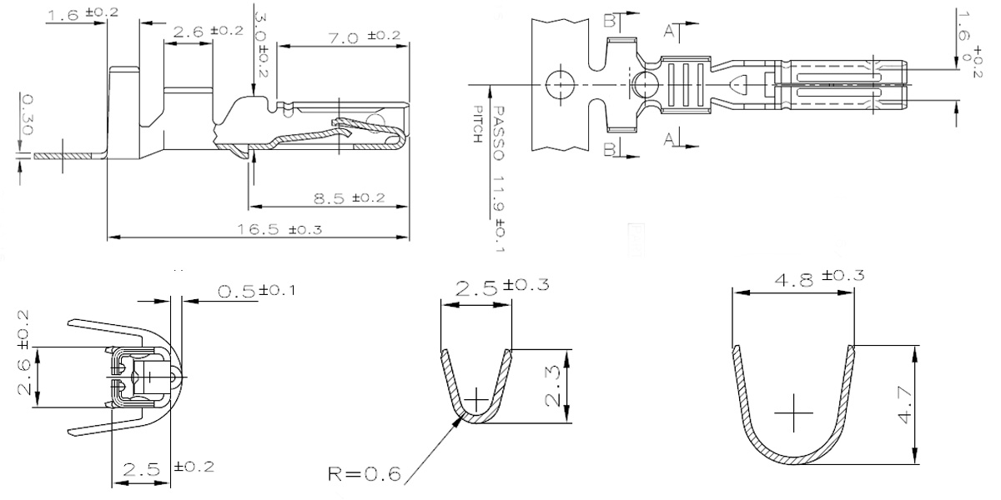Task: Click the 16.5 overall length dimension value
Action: [x=259, y=229]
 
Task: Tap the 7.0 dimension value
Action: [x=344, y=38]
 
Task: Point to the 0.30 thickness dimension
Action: [x=27, y=114]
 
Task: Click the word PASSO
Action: [x=499, y=133]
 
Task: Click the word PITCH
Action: [x=478, y=124]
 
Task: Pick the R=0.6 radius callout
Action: [x=365, y=473]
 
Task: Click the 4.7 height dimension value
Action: [x=904, y=405]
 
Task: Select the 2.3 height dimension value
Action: [x=553, y=386]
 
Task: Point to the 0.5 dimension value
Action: [x=236, y=292]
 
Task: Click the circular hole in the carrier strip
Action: [x=561, y=84]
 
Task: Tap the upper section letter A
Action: [x=668, y=31]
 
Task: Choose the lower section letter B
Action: [x=610, y=149]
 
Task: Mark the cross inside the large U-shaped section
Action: [x=793, y=413]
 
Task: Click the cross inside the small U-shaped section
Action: [x=476, y=399]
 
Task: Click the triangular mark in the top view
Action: [x=738, y=84]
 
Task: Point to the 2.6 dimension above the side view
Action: [x=188, y=32]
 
